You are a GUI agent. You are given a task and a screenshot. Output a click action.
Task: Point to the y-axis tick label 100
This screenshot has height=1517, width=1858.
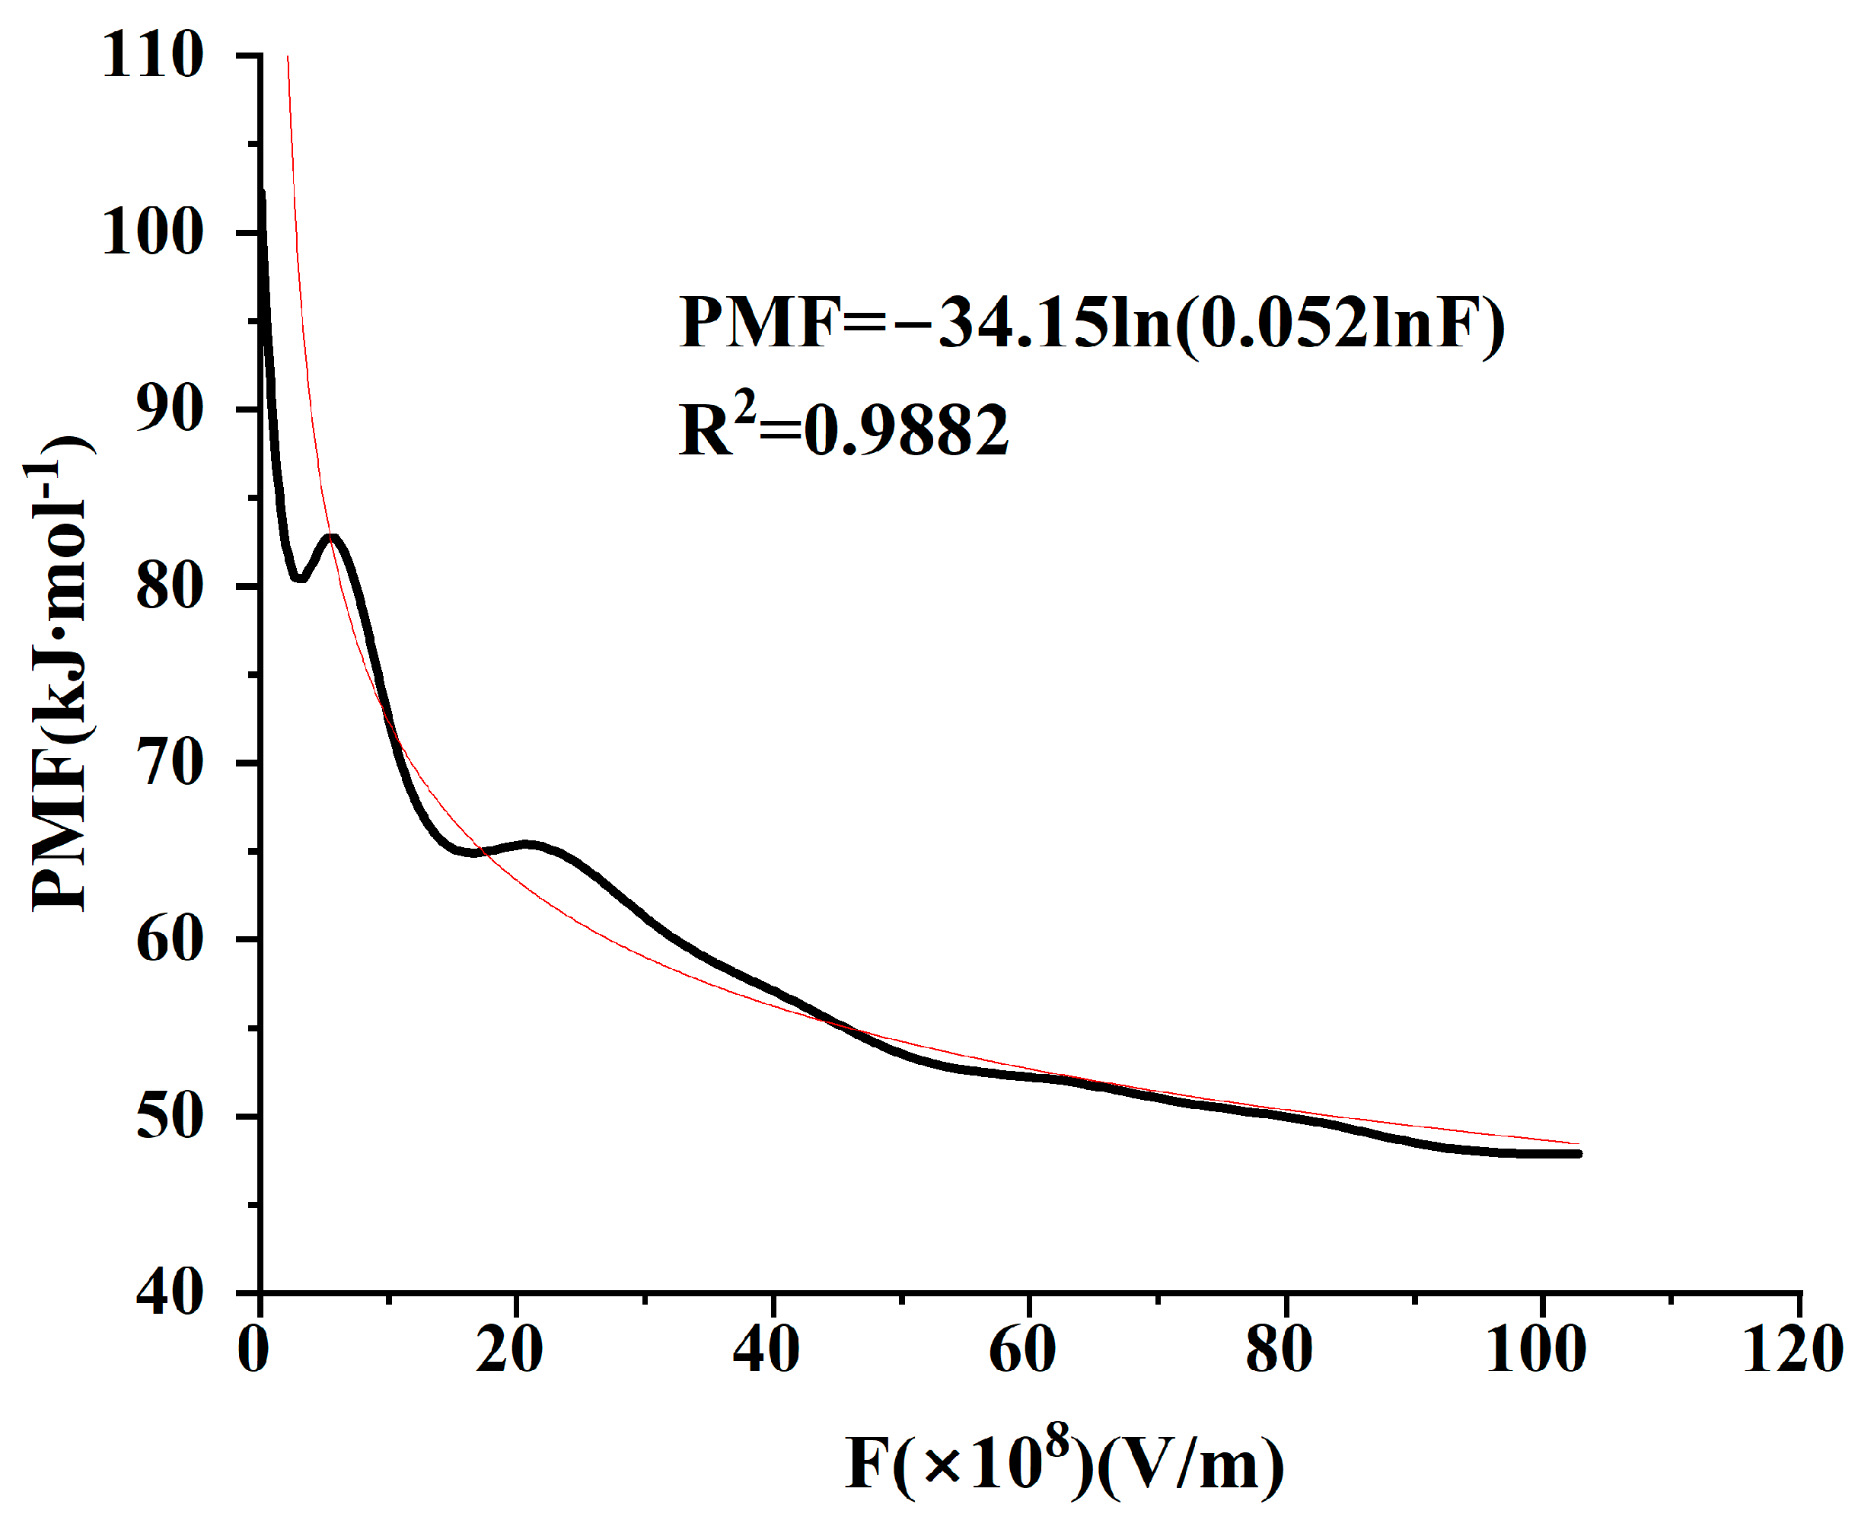[153, 234]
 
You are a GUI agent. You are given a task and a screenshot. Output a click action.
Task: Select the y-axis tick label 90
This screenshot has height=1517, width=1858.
[170, 410]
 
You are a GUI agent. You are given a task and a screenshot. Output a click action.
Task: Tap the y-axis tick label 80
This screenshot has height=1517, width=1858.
[170, 586]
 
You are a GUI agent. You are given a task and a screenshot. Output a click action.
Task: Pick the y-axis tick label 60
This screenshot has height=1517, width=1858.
[170, 940]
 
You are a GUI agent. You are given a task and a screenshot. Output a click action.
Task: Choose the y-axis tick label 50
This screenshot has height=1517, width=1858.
[170, 1117]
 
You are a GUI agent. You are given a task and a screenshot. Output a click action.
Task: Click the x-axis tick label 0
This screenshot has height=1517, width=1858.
[253, 1350]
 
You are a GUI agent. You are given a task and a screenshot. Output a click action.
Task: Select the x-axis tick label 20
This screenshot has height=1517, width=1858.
[509, 1350]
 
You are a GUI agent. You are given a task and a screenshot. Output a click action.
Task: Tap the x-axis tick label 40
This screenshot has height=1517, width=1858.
[766, 1350]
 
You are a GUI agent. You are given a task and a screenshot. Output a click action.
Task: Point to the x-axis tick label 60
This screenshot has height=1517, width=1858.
[1022, 1350]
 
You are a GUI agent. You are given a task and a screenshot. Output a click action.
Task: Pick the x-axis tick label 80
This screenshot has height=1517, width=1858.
[1280, 1350]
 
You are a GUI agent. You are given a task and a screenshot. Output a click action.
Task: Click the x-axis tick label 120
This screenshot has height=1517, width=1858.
[1793, 1350]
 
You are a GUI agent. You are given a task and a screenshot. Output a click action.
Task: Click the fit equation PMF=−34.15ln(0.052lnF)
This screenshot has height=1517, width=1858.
[1092, 323]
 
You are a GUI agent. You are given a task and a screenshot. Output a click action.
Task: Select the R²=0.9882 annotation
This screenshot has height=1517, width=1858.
[843, 430]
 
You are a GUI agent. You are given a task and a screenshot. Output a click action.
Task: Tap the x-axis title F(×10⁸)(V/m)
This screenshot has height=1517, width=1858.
[1064, 1464]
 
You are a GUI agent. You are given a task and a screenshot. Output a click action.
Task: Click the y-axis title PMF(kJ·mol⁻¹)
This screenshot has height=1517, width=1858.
[59, 673]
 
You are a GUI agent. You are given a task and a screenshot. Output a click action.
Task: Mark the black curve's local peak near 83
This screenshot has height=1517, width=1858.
[332, 538]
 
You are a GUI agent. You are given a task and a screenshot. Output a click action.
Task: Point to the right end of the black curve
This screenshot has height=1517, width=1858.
[1579, 1155]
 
